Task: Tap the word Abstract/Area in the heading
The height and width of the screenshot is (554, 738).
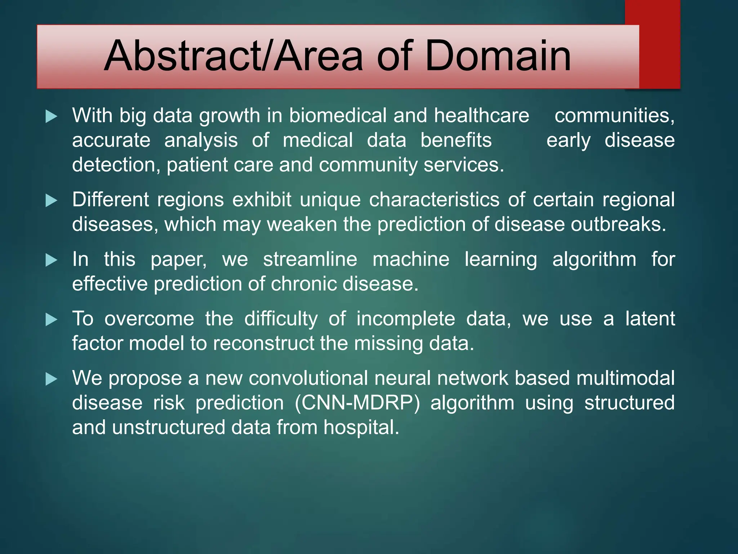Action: coord(233,56)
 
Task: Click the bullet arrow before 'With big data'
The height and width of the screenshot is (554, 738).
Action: coord(52,116)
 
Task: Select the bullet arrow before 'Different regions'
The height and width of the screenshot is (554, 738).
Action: coord(52,201)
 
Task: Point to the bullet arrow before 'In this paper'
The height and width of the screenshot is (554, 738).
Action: coord(52,260)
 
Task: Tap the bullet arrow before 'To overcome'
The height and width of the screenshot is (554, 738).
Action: coord(52,320)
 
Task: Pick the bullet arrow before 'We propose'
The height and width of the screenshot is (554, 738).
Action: coord(52,379)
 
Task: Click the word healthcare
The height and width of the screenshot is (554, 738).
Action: coord(481,116)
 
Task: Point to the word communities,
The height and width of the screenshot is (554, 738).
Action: coord(614,116)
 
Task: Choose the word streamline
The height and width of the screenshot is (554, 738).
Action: coord(310,259)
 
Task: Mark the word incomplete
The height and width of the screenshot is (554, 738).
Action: coord(406,319)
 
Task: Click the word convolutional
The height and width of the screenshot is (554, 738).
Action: coord(308,378)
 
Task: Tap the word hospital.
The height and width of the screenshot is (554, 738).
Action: coord(361,427)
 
